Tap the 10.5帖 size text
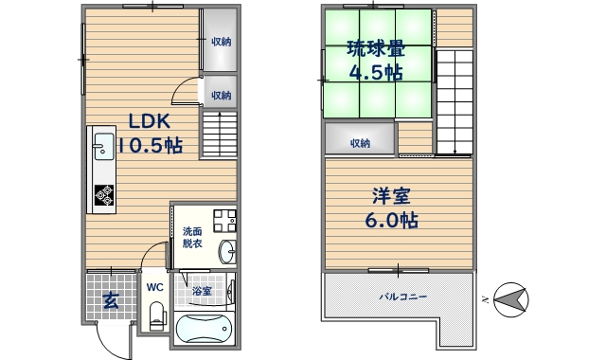pos(148,146)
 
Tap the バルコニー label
pos(402,297)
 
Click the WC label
pos(156,286)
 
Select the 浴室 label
pos(202,291)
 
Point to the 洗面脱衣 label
pos(193,237)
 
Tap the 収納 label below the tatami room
pos(360,143)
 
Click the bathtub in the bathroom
pos(204,332)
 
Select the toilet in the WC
pos(157,313)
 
